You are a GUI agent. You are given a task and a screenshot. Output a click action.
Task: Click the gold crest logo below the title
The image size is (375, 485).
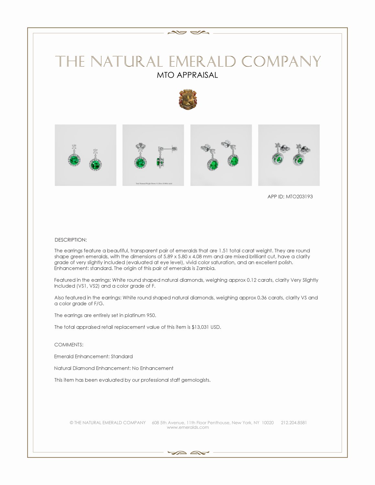click(188, 100)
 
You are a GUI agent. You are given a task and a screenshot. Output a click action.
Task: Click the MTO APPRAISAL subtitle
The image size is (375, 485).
click(187, 75)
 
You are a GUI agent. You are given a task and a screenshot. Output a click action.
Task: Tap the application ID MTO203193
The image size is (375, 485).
click(299, 197)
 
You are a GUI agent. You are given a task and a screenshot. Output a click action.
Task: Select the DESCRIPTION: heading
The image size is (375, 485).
click(71, 240)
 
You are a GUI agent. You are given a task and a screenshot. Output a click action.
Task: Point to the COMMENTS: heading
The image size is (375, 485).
click(69, 345)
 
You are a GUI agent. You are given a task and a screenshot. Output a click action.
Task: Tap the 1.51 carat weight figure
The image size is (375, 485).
click(224, 251)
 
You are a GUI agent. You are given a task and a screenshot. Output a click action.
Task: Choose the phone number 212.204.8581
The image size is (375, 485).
click(294, 423)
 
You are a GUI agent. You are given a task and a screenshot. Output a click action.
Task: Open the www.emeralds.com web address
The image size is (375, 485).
click(188, 427)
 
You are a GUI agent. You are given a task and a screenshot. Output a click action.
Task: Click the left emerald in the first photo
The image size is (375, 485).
click(74, 160)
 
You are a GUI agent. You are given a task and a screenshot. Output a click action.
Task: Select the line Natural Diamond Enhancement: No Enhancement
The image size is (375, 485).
click(114, 368)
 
